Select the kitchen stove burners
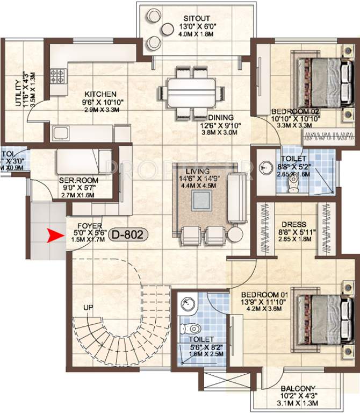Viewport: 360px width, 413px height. (57, 75)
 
